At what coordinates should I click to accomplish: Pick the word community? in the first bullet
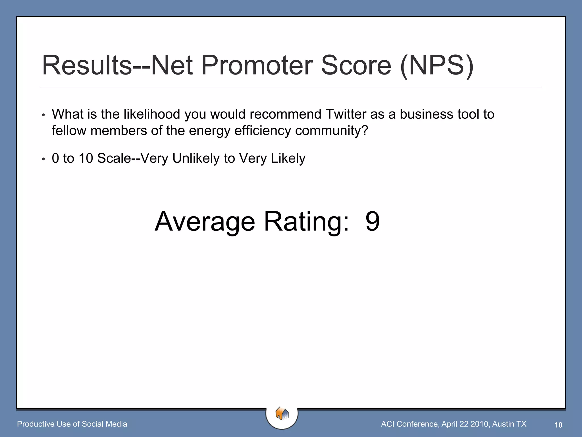click(x=331, y=131)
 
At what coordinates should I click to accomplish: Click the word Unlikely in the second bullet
click(x=196, y=158)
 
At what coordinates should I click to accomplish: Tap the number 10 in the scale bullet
click(x=86, y=158)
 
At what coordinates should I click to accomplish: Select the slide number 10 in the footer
click(x=558, y=425)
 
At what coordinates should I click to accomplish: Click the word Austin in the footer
click(x=503, y=424)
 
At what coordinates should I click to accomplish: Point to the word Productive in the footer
click(x=36, y=424)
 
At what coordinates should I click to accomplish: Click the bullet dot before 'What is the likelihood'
click(x=43, y=115)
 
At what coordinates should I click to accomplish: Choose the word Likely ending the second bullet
click(x=288, y=158)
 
